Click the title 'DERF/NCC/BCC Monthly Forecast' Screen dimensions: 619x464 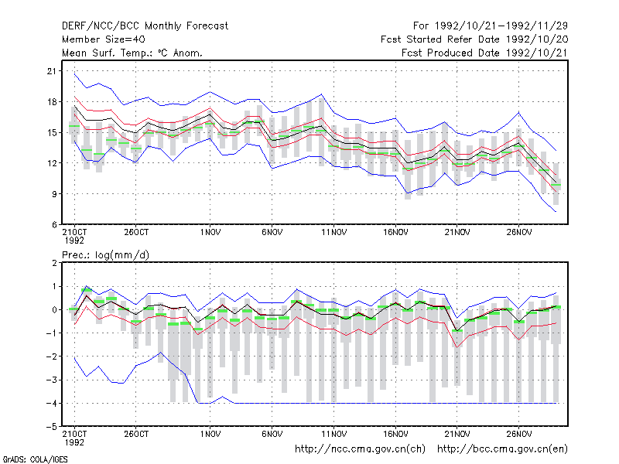[145, 26]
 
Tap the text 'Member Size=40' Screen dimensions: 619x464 [104, 39]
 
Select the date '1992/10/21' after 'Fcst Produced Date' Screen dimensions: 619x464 [536, 53]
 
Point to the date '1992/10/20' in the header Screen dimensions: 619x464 [536, 39]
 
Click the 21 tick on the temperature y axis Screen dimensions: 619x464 [52, 71]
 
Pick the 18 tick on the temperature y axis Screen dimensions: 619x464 [52, 102]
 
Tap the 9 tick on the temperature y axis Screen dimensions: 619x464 [54, 194]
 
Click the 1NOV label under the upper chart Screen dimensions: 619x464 [210, 233]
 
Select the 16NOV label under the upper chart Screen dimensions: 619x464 [395, 233]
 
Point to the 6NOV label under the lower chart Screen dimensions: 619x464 [272, 434]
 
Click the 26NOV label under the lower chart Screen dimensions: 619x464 [518, 434]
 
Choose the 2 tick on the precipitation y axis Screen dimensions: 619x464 [54, 263]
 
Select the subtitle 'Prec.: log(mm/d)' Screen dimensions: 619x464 [105, 255]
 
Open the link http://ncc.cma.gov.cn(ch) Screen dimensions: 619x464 [360, 449]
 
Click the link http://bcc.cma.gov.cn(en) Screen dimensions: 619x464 [502, 449]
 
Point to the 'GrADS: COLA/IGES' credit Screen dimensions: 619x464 [36, 459]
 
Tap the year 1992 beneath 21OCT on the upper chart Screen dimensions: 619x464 [74, 241]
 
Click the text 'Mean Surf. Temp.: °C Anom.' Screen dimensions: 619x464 [132, 53]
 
